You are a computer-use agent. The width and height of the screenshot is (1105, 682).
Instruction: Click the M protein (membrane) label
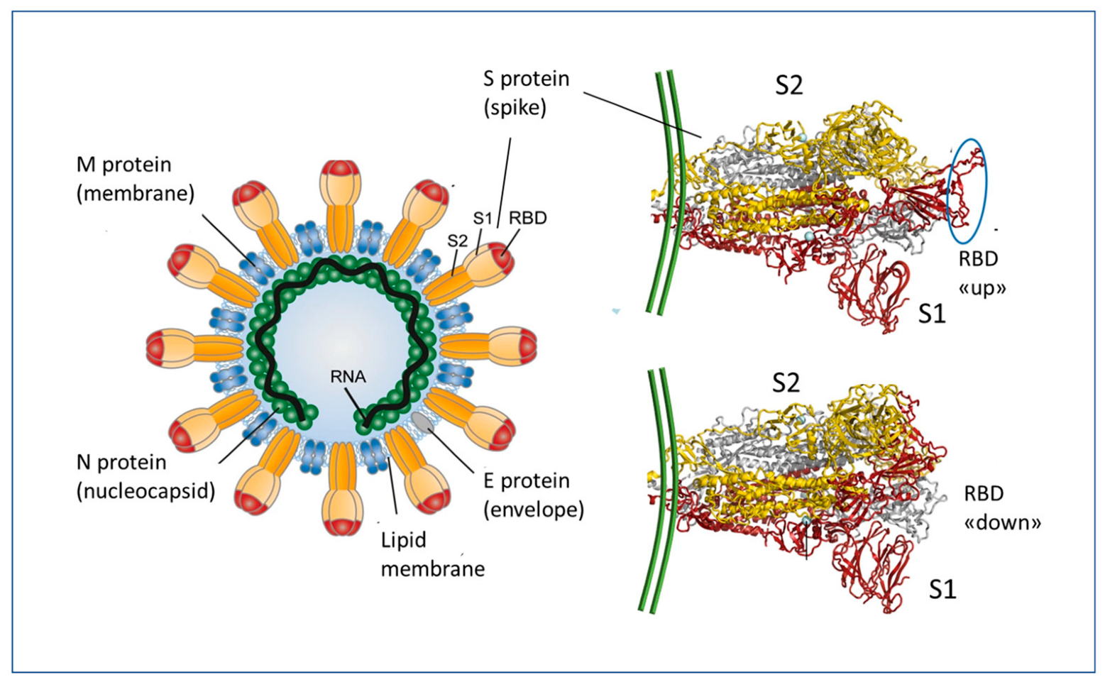135,179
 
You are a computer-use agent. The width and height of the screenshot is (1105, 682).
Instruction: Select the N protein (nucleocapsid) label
145,476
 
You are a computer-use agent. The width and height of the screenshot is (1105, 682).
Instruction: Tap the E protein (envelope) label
533,495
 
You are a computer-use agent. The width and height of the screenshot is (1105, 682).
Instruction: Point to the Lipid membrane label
432,554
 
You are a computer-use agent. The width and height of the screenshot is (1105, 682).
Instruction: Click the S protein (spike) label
526,93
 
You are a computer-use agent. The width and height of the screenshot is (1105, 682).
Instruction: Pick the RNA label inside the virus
348,376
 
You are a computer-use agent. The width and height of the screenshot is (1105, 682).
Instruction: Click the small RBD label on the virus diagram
527,218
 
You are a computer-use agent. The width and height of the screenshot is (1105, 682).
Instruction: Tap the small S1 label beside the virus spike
483,219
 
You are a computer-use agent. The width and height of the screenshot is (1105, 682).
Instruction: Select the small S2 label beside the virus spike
458,241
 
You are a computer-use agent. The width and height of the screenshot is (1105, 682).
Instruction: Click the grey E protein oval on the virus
423,422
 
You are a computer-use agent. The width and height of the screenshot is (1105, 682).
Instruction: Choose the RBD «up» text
982,273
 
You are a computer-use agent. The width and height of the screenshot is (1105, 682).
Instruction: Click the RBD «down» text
1001,508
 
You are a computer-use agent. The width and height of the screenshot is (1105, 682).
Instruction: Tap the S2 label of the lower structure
786,383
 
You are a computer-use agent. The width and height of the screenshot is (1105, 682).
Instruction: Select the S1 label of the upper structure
932,314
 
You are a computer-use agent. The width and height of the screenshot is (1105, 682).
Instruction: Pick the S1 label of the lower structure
942,589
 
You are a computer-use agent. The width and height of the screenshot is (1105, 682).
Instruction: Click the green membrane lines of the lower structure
660,490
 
